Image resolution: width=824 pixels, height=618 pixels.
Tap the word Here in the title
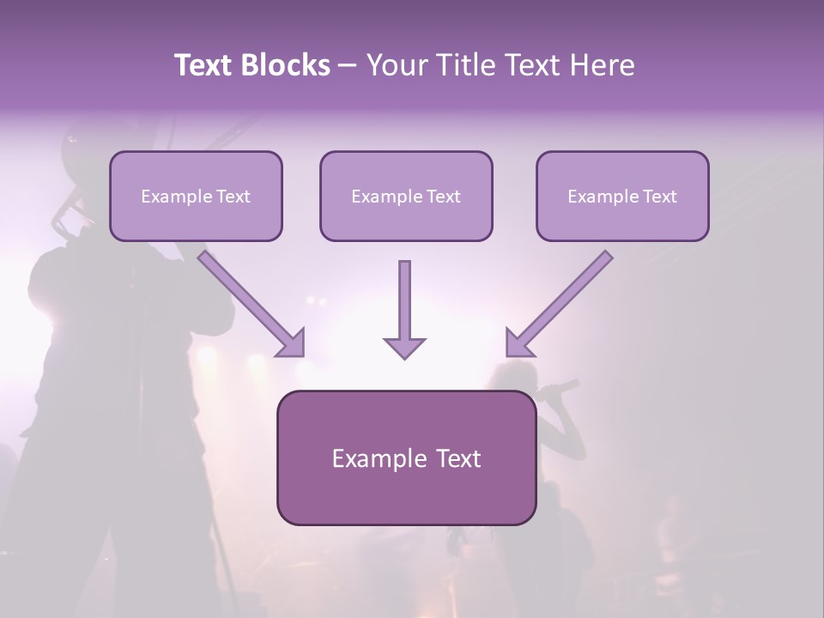click(x=602, y=65)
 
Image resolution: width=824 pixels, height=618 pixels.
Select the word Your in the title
click(x=397, y=65)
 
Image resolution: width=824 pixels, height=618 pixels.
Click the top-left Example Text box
click(x=196, y=196)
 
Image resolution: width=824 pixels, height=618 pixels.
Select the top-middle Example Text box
click(x=406, y=196)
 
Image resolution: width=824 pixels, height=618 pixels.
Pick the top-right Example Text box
click(x=622, y=196)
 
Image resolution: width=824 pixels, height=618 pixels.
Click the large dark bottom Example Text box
click(x=406, y=457)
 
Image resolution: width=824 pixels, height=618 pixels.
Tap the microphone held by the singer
click(x=562, y=387)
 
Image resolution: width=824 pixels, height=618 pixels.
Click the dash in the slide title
click(x=348, y=65)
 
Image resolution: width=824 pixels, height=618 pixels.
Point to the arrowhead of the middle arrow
click(x=404, y=346)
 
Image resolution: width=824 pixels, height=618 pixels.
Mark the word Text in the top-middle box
click(x=443, y=196)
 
